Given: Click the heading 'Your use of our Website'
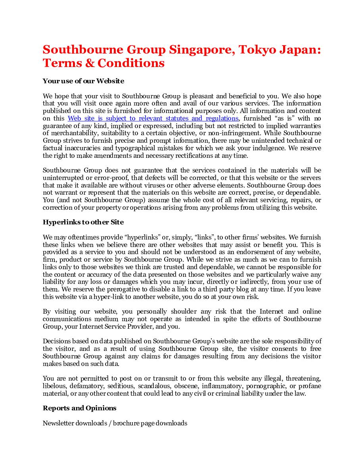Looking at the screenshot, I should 83,81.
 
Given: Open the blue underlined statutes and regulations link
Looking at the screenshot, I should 153,118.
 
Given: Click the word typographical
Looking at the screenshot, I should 119,148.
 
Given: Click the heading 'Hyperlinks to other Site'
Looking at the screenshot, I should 83,222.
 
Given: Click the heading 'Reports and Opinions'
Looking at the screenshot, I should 79,408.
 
